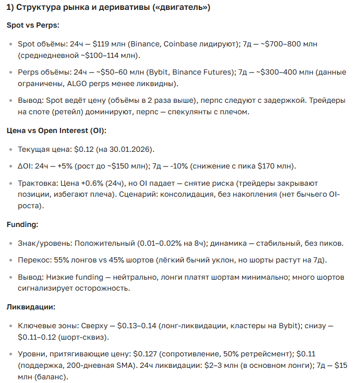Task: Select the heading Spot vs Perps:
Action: pos(32,25)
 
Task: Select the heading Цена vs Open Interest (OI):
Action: pos(56,130)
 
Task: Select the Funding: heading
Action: pos(21,224)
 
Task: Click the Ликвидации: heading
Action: pos(30,307)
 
